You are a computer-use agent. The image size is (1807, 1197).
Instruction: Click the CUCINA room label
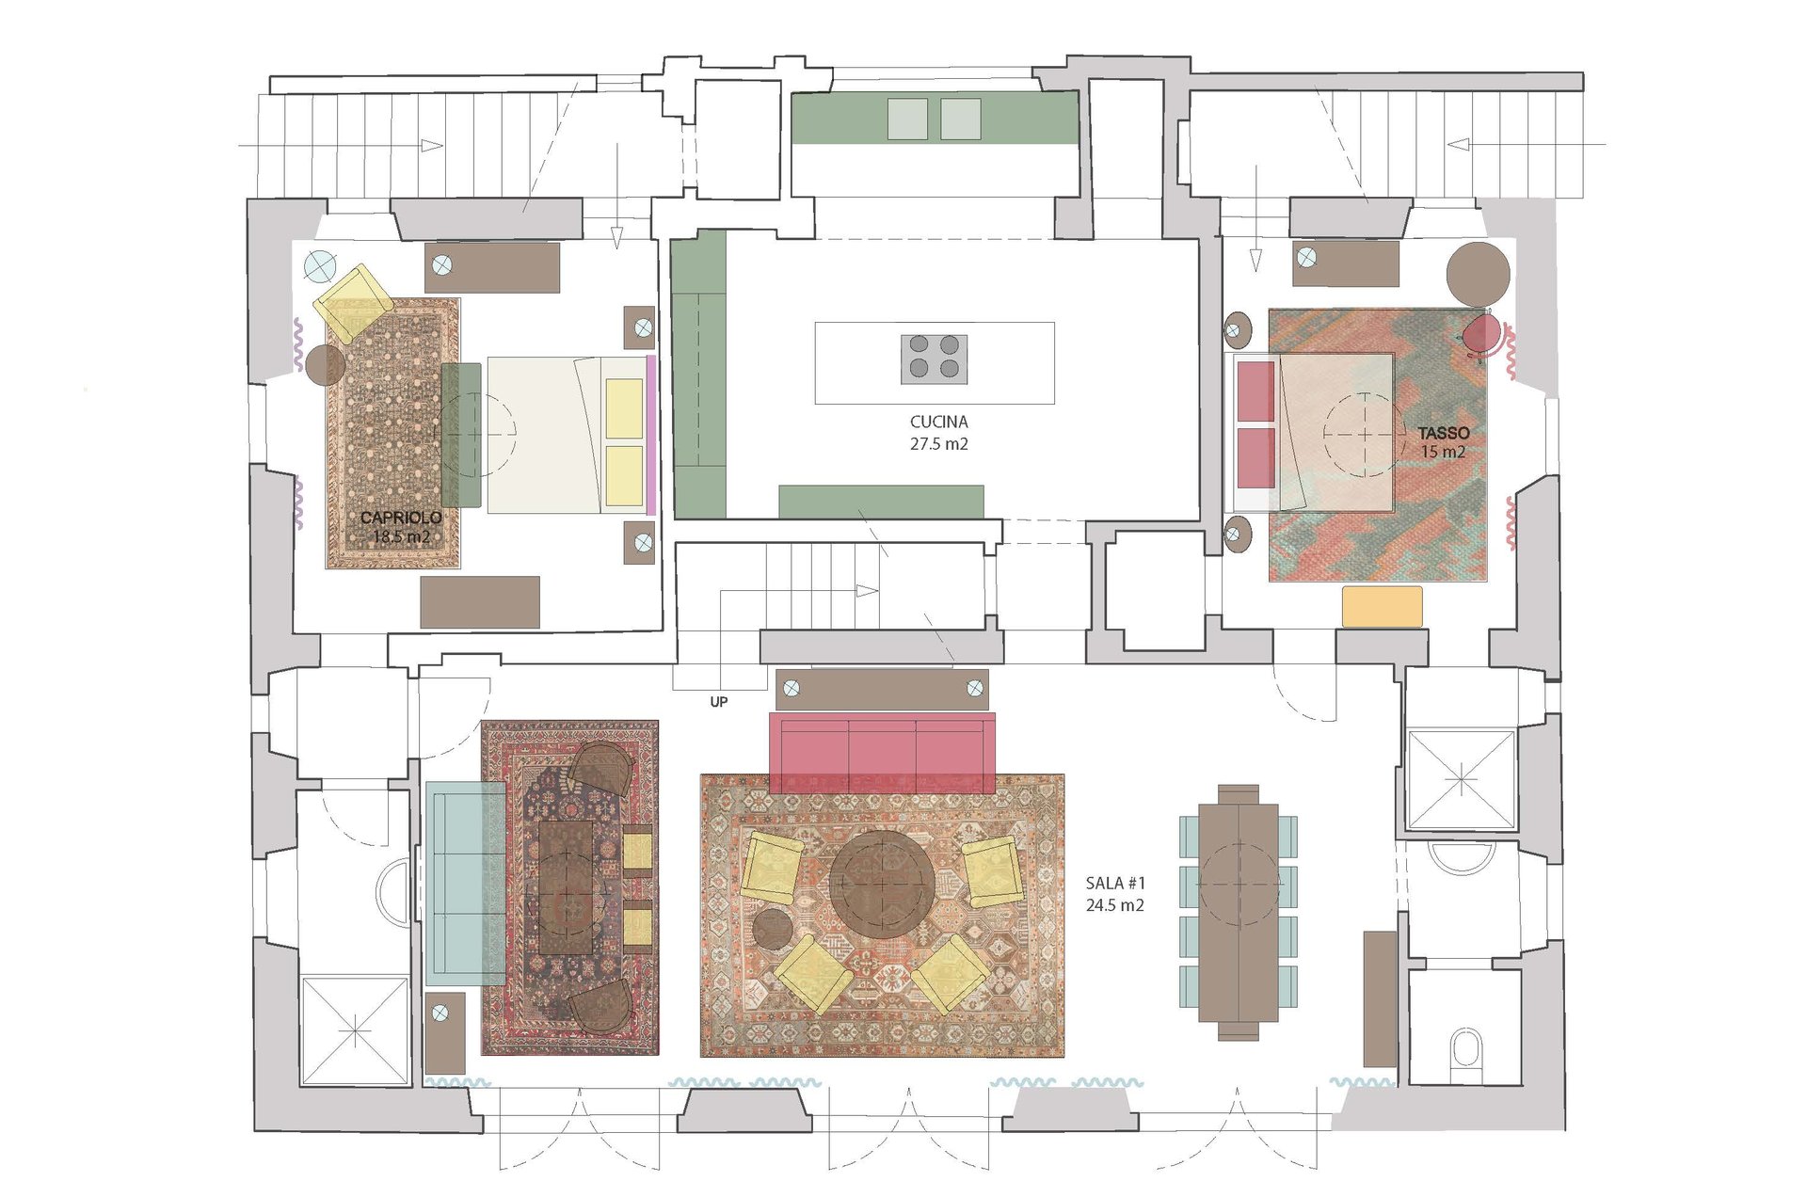(x=938, y=422)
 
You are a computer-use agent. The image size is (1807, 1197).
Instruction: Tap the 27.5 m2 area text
(x=938, y=443)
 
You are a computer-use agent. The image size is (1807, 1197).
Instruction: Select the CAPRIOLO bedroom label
(x=401, y=518)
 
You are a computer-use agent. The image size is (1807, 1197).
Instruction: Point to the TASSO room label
(x=1444, y=433)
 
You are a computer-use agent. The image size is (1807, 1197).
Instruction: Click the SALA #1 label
(x=1115, y=883)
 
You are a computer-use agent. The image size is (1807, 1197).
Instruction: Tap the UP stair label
(x=719, y=702)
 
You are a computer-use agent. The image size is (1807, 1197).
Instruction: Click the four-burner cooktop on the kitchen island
(x=934, y=359)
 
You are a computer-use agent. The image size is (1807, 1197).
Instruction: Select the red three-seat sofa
(x=882, y=753)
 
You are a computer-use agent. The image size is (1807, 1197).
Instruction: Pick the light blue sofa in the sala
(x=465, y=883)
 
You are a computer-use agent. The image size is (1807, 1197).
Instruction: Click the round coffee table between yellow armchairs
(x=882, y=884)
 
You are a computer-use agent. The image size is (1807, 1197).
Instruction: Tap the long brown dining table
(x=1238, y=912)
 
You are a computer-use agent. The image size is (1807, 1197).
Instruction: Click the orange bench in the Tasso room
(x=1382, y=606)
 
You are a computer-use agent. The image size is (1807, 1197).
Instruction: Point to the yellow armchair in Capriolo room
(x=354, y=302)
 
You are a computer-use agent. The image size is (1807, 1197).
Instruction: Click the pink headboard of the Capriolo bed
(x=650, y=434)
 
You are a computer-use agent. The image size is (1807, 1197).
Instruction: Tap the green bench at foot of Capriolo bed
(x=461, y=434)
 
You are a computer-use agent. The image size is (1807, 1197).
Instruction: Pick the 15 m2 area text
(x=1443, y=453)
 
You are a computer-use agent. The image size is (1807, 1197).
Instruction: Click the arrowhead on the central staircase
(x=867, y=591)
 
